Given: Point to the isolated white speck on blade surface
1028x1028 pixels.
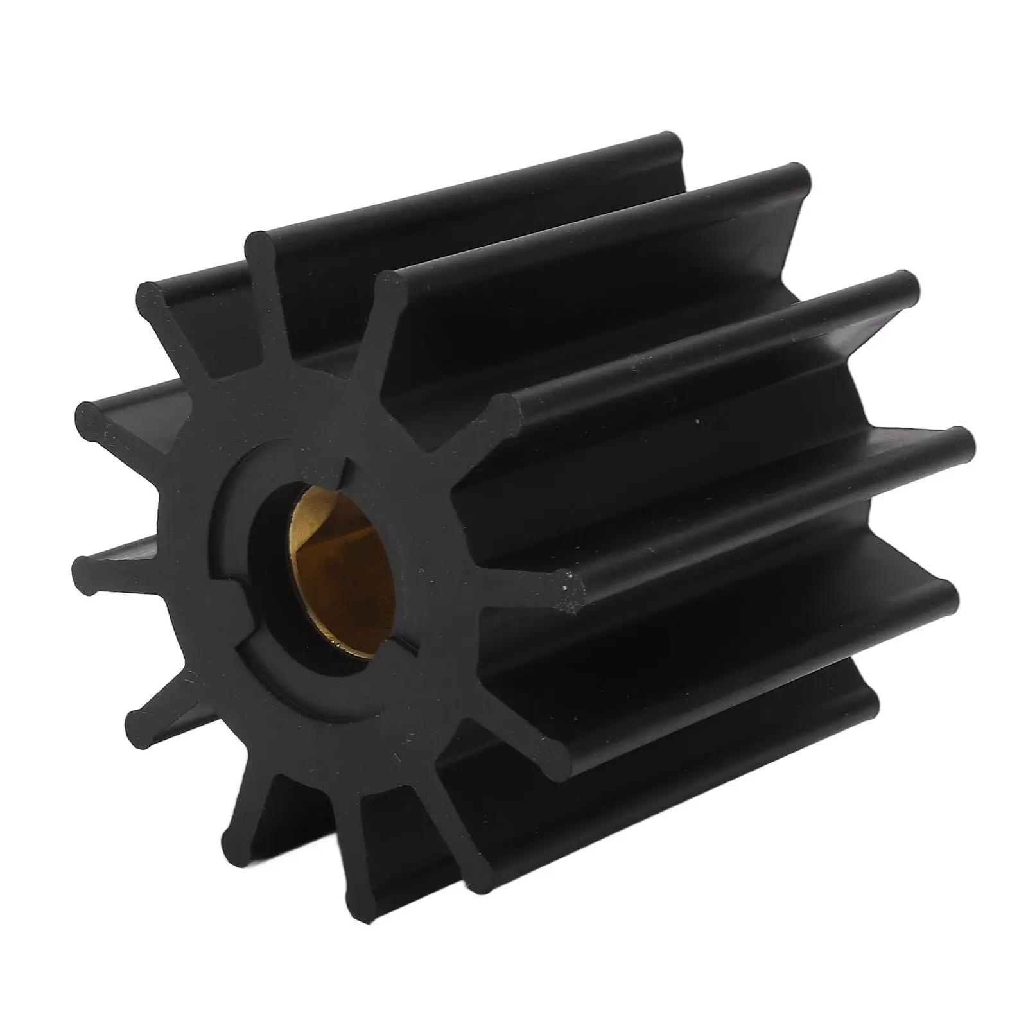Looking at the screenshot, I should coord(697,422).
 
